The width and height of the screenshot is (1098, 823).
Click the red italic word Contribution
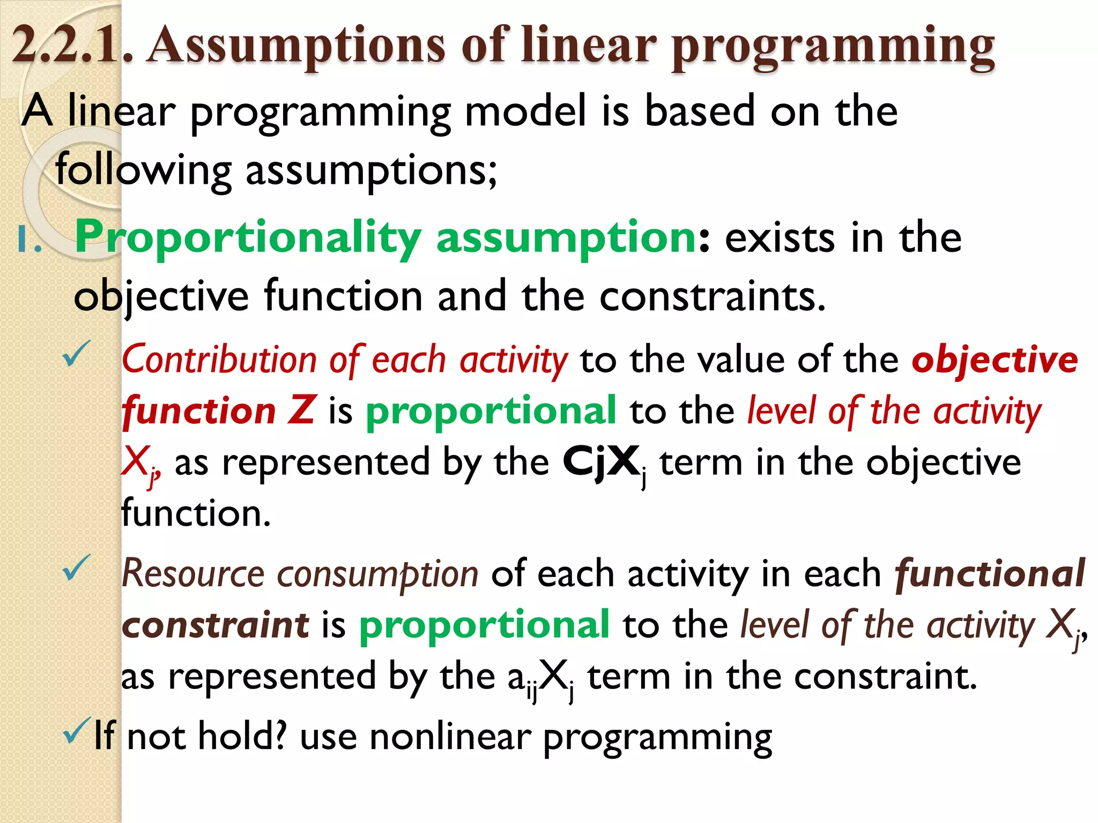(219, 360)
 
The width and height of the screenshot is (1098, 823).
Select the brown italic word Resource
(193, 574)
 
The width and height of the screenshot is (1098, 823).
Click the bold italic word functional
(990, 574)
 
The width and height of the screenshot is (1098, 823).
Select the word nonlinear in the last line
(450, 737)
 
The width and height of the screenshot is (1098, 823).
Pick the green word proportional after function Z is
(491, 410)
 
